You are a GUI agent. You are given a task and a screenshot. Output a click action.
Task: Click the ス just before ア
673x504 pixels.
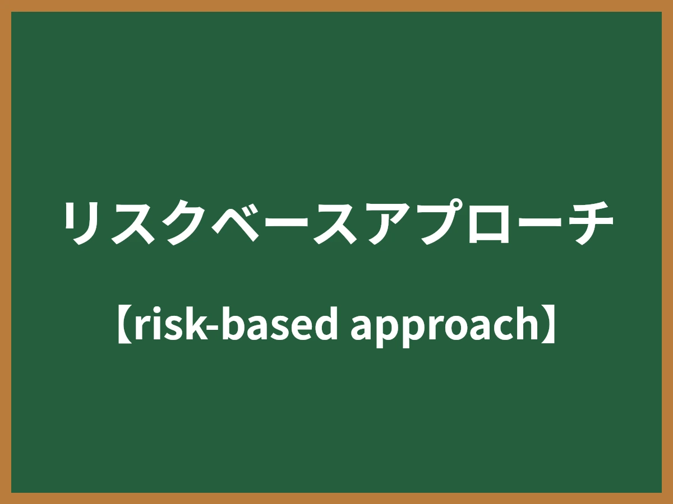click(x=337, y=222)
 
